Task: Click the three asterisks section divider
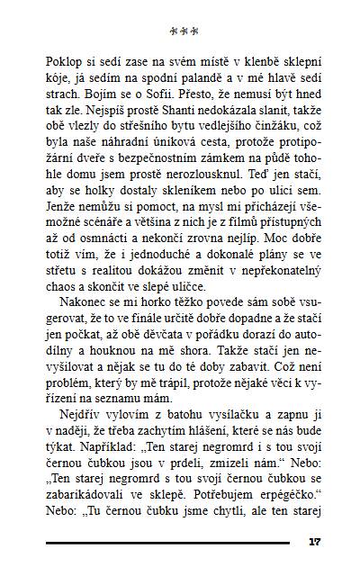(x=184, y=32)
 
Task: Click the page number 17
(x=314, y=542)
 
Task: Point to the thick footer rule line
(x=167, y=543)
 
